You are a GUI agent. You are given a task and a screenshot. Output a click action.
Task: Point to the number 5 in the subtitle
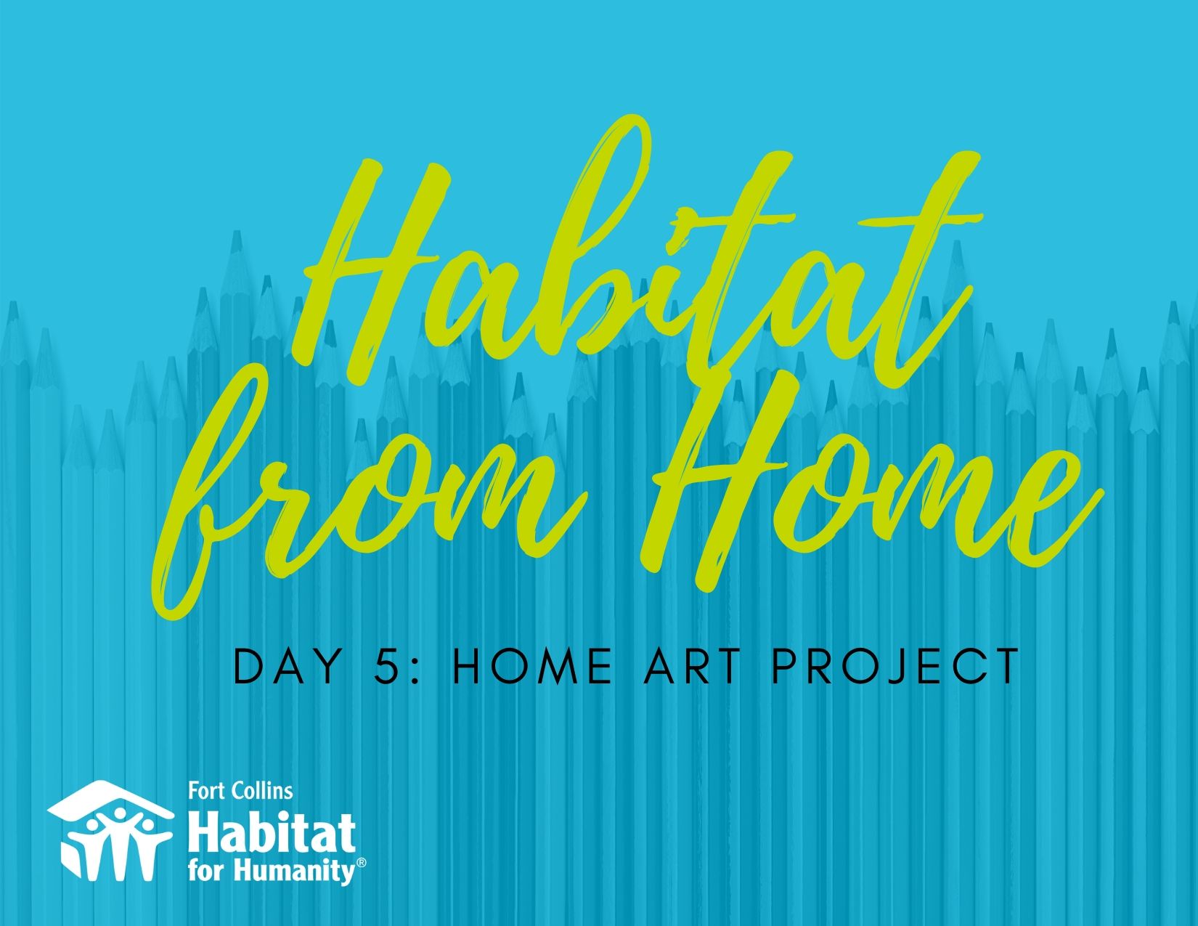387,667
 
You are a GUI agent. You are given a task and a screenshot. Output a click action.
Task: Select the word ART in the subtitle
692,667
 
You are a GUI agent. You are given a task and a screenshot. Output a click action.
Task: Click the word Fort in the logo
205,792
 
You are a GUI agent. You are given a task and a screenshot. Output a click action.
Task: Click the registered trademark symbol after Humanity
362,863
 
